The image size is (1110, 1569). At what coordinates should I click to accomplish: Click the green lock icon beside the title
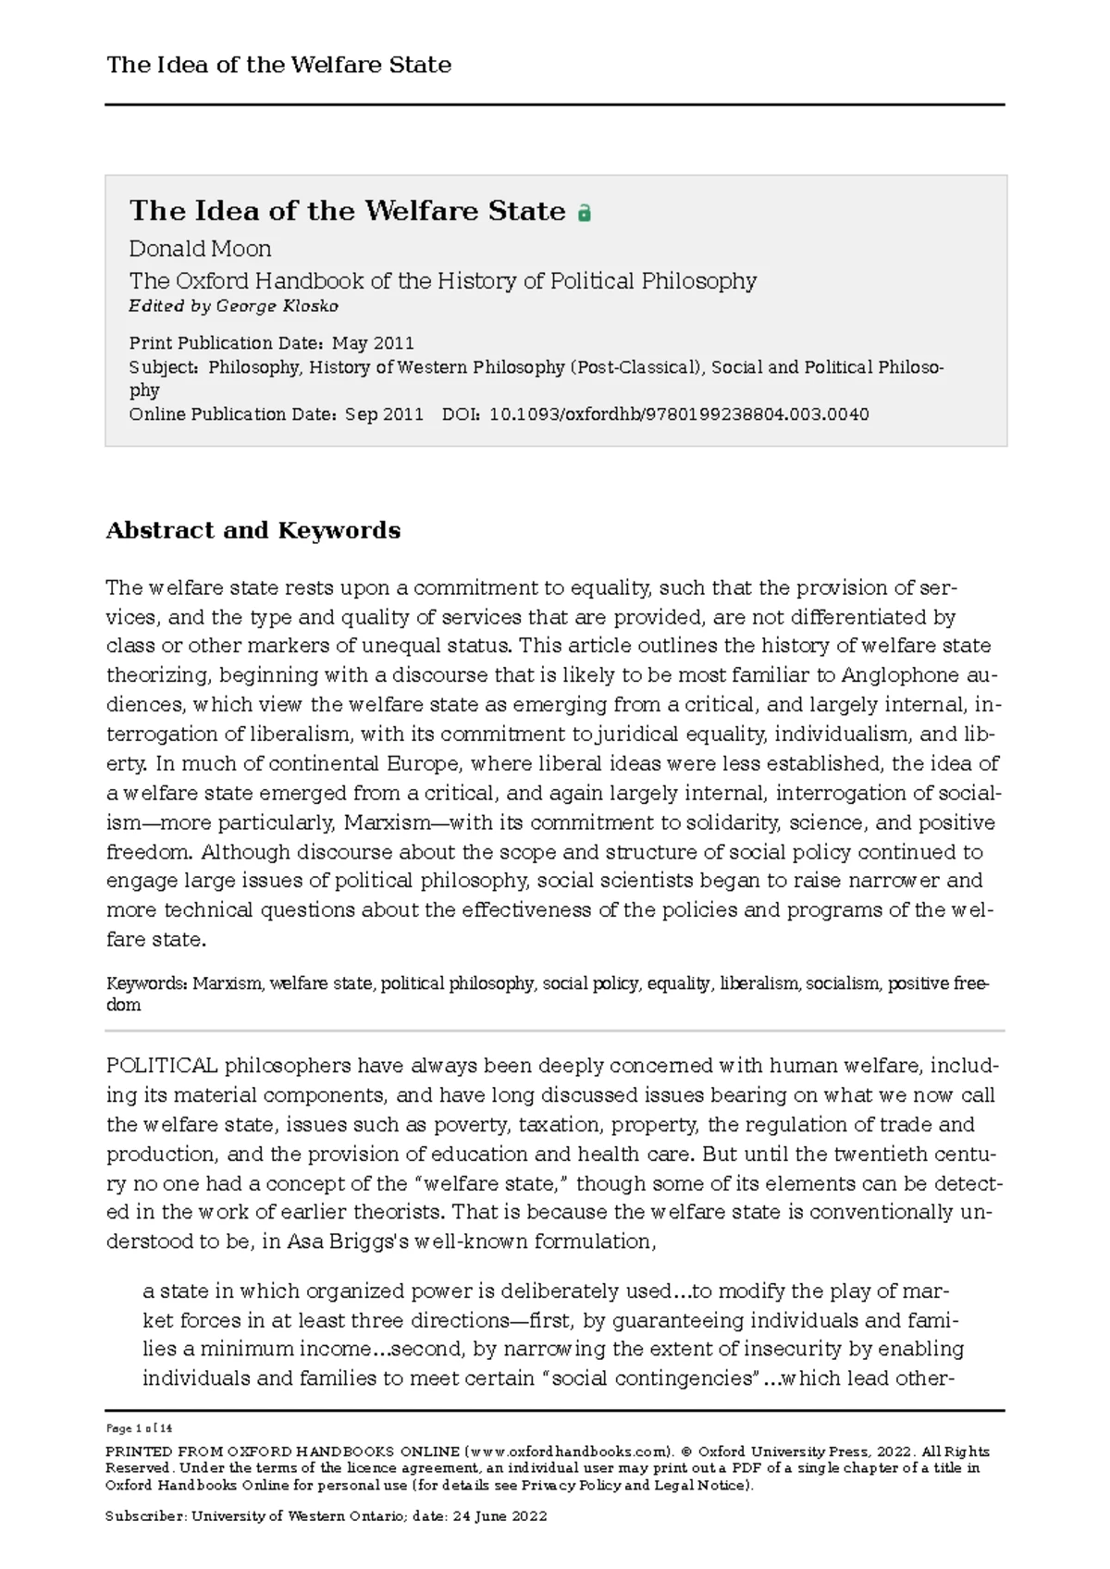coord(584,213)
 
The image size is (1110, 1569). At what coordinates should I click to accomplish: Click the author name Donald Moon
coord(200,249)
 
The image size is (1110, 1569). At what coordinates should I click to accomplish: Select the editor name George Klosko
coord(277,306)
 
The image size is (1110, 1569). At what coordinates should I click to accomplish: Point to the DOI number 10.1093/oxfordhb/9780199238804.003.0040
coord(679,414)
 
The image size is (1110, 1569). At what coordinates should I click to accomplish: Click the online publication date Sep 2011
coord(384,414)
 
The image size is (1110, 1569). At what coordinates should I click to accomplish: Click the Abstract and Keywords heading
coord(253,530)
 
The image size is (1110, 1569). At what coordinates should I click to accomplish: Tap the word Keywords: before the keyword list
coord(147,983)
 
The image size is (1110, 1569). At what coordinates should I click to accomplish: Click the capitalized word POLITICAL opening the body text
coord(162,1066)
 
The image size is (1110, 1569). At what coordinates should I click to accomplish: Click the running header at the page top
coord(278,65)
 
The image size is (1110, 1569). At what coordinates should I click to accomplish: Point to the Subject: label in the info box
coord(164,367)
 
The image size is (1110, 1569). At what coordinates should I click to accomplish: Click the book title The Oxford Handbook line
coord(442,281)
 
